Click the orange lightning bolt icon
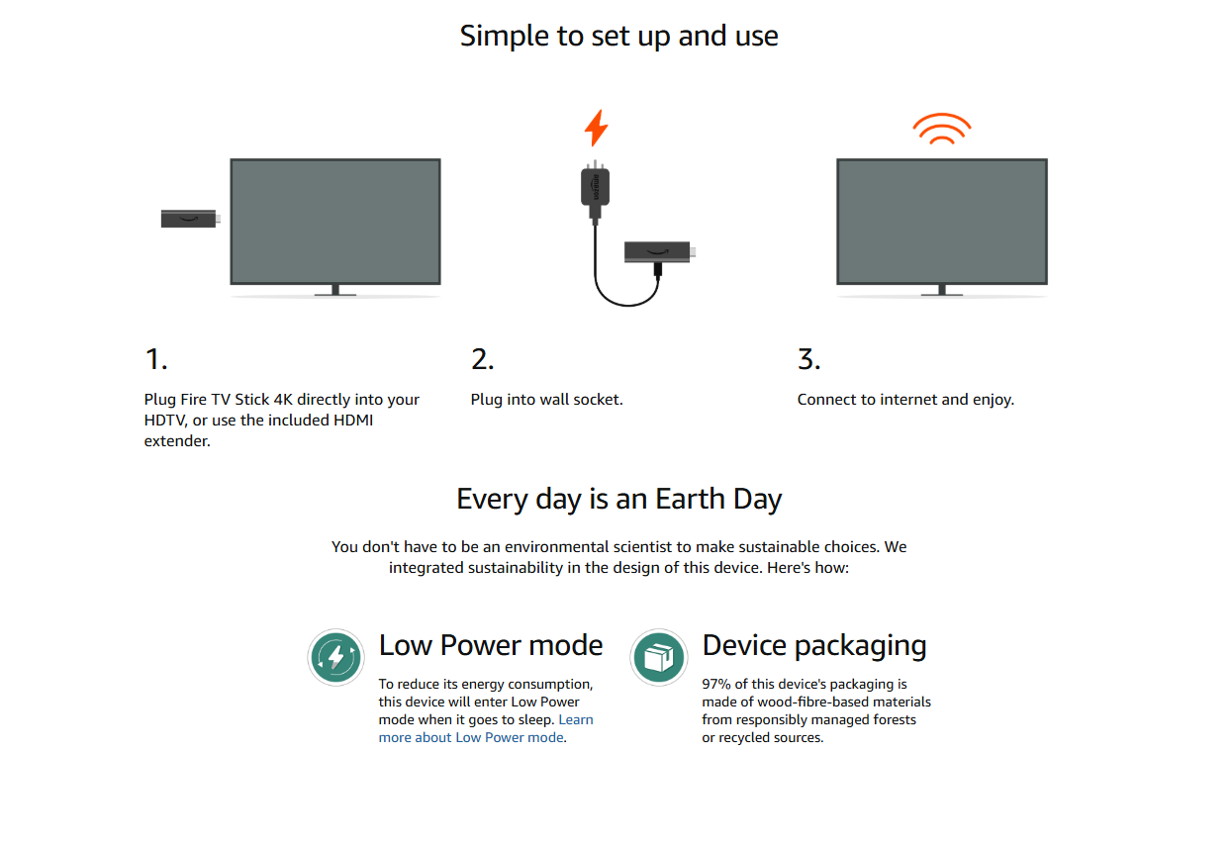tap(596, 128)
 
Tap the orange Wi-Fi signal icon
tap(942, 130)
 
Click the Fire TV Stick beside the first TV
tap(190, 219)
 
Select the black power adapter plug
tap(595, 190)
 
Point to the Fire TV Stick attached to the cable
tap(659, 251)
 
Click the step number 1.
tap(156, 359)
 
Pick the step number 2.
tap(482, 359)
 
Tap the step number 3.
tap(809, 359)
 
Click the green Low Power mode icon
tap(335, 657)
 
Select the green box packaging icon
tap(658, 657)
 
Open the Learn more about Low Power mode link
tap(486, 728)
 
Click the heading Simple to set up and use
tap(618, 37)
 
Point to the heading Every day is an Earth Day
tap(618, 500)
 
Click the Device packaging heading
tap(814, 646)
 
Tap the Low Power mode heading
tap(491, 645)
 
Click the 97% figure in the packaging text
tap(716, 684)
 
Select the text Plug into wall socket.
tap(546, 400)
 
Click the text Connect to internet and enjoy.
tap(905, 400)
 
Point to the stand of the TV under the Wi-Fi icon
tap(942, 290)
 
